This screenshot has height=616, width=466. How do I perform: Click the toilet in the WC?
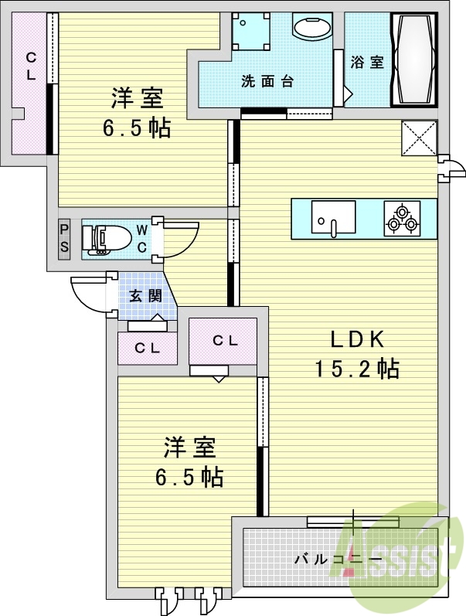pos(106,240)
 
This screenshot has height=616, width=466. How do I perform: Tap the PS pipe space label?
pos(64,239)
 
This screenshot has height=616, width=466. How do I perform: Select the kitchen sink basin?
pos(334,218)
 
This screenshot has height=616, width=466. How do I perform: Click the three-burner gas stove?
pos(402,219)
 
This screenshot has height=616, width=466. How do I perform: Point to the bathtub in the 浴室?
pos(413,60)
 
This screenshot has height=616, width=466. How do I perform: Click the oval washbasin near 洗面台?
pos(311,28)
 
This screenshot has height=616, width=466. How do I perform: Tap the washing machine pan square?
pos(251,31)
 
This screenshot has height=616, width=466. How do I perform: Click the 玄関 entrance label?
pos(146,295)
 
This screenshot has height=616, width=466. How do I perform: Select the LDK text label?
pos(357,339)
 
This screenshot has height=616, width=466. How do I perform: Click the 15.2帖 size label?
pos(358,369)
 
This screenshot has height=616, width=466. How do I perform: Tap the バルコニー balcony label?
pos(338,558)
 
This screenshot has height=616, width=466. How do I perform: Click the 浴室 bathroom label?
pos(366,62)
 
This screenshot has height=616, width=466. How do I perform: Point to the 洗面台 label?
pos(267,81)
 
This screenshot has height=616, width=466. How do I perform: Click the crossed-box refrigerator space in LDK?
pos(419,138)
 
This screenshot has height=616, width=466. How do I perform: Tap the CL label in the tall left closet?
pos(31,66)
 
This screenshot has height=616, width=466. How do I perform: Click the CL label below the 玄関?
pos(147,348)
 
